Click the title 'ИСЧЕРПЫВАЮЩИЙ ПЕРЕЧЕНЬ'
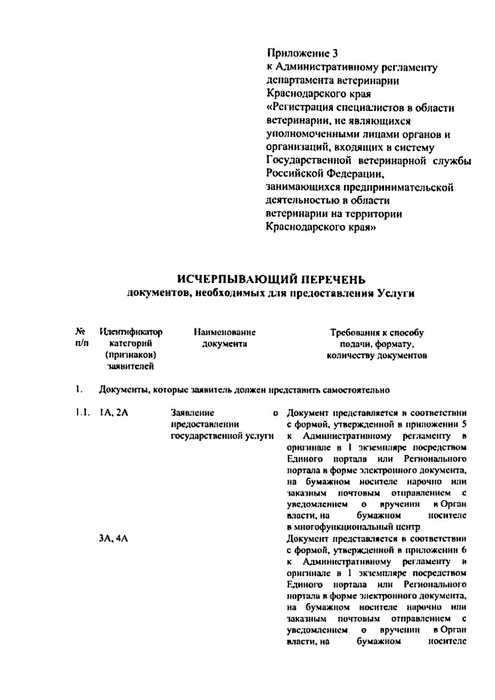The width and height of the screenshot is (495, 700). coord(271,280)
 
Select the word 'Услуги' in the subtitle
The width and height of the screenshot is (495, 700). coord(396,294)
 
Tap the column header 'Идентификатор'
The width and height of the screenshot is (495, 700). coord(131,332)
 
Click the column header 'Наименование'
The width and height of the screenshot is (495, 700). coord(224,332)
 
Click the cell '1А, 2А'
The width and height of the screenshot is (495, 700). coord(113,413)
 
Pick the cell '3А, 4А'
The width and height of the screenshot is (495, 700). coord(113,539)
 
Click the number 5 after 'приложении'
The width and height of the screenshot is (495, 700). coord(464,424)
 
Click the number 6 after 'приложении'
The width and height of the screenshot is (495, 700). coord(464,550)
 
